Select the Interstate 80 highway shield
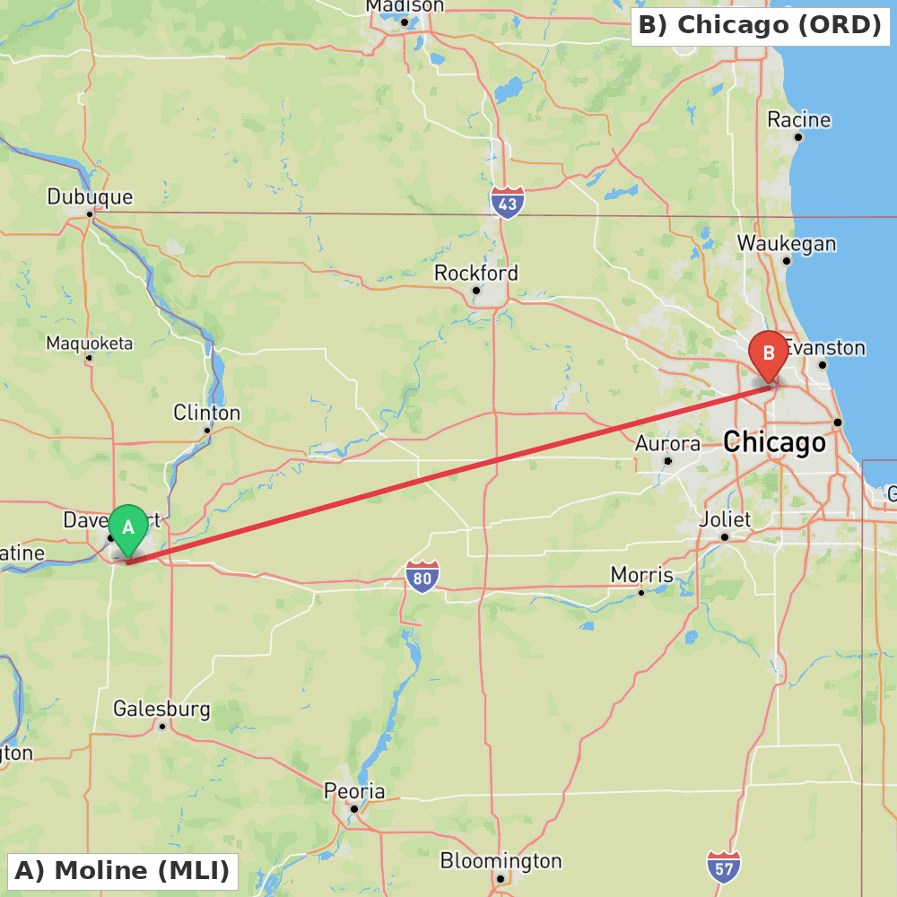coord(422,577)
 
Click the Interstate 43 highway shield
coord(508,203)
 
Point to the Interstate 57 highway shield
coord(723,867)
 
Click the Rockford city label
coord(476,273)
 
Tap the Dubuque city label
coord(90,197)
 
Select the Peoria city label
coord(355,791)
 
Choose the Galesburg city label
coord(161,710)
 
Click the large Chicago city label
coord(774,442)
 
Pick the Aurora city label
coord(667,444)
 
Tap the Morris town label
coord(641,574)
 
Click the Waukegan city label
coord(787,244)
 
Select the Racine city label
coord(798,120)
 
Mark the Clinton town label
coord(207,413)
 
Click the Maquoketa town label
coord(89,344)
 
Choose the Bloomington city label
coord(501,861)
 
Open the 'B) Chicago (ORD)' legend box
coord(761,25)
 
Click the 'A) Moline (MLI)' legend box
coord(122,870)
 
